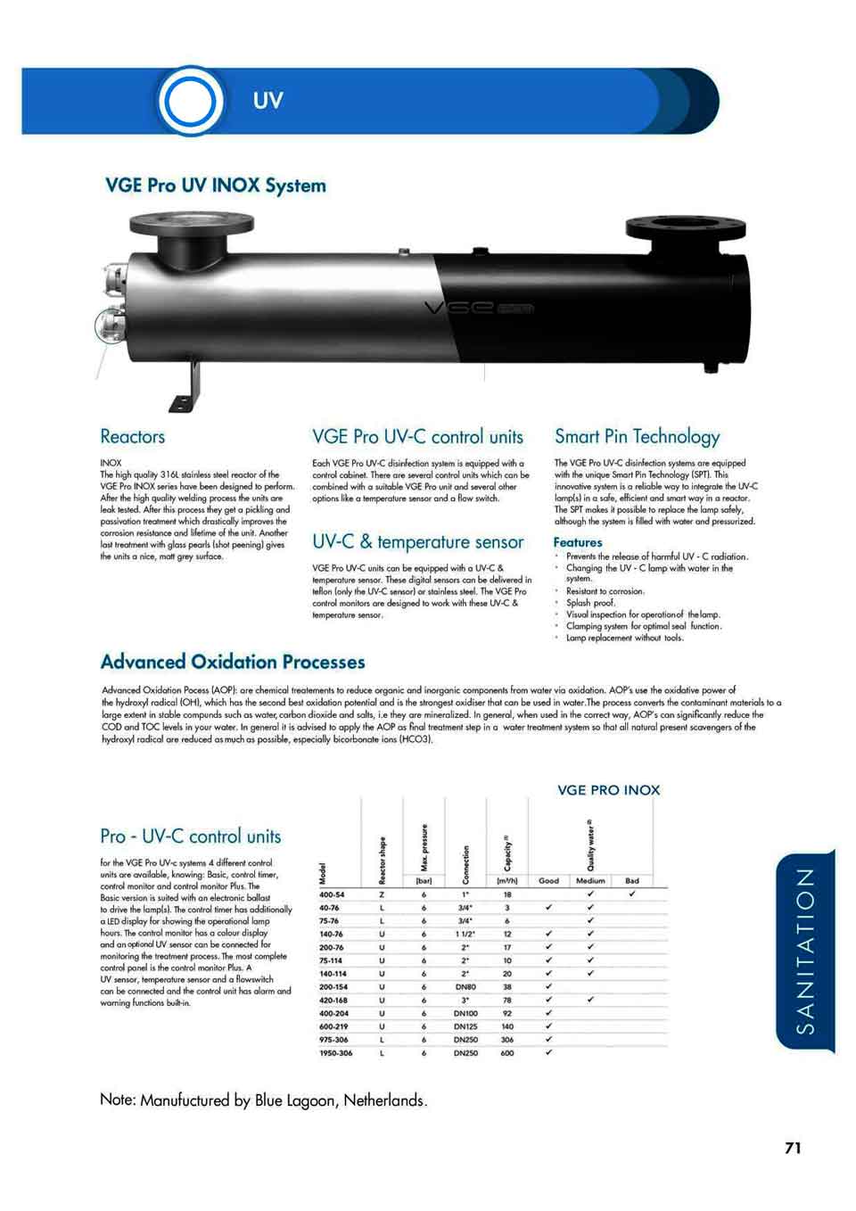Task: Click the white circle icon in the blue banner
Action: pos(189,102)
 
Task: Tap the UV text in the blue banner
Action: pos(267,101)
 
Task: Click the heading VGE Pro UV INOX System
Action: pos(216,185)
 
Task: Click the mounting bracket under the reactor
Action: pos(187,387)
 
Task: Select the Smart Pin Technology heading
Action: pos(637,436)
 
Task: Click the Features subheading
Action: pos(577,542)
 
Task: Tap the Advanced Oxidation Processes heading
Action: pos(233,662)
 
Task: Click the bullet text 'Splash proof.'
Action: pos(590,603)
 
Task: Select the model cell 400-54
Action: pos(332,894)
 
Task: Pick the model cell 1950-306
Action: pos(335,1053)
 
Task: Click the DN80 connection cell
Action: pos(465,987)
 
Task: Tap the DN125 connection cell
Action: pos(465,1026)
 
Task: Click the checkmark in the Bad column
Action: pos(631,894)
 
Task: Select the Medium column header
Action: pos(590,880)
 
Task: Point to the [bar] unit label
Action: pos(424,880)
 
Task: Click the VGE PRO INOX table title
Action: pos(608,790)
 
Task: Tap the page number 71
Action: pos(793,1148)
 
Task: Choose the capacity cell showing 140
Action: pos(506,1026)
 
